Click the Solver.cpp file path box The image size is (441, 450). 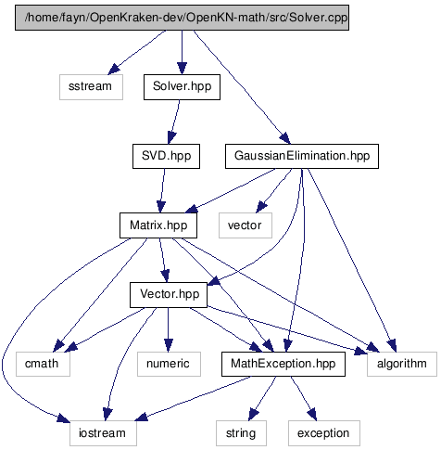182,18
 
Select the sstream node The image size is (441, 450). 91,87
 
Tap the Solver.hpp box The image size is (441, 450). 182,87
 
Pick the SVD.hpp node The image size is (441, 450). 166,156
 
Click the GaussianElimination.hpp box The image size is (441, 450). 302,156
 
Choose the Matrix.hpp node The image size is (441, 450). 158,225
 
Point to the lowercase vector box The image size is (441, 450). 246,225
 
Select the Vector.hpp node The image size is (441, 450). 169,295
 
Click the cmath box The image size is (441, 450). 43,364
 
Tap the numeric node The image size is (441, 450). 169,364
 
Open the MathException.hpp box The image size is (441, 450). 283,364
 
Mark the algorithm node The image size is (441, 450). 402,364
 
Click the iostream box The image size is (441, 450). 103,433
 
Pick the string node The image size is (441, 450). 241,433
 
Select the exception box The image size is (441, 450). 324,433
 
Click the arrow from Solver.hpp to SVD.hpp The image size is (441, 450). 174,122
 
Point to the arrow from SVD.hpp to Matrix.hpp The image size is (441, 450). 162,190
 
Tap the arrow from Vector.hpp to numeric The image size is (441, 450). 169,329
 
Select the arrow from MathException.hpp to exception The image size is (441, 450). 304,398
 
